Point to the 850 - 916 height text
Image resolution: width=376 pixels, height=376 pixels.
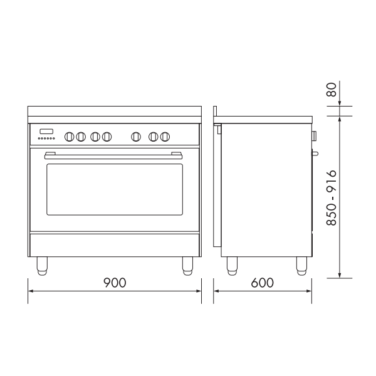[x=333, y=198]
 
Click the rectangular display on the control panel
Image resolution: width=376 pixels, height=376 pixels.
[x=46, y=132]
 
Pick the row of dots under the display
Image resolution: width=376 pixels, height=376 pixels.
[x=46, y=138]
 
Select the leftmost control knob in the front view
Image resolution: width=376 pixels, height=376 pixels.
[x=70, y=135]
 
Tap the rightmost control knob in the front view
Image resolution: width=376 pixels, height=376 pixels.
[x=165, y=135]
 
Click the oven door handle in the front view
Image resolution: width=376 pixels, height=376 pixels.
[x=115, y=152]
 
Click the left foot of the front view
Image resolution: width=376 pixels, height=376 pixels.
[x=42, y=266]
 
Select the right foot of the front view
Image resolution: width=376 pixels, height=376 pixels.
[x=187, y=266]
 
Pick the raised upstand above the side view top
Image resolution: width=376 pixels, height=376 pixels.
[x=214, y=112]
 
